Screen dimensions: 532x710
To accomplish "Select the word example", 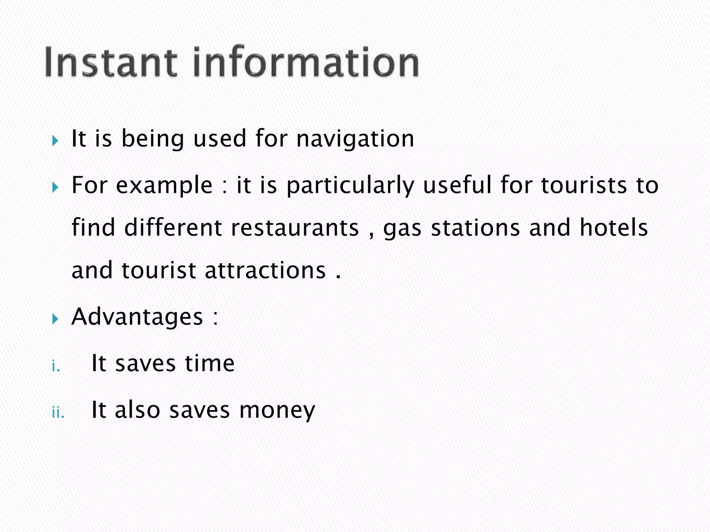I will click(x=164, y=186).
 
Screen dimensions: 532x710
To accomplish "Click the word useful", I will click(x=457, y=185).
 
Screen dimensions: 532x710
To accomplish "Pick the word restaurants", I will click(x=295, y=228).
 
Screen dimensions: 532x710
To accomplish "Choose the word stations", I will click(x=475, y=228).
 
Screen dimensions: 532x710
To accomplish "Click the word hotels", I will click(x=614, y=228).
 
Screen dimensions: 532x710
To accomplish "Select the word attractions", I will click(x=265, y=271).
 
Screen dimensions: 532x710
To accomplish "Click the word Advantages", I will click(x=137, y=317).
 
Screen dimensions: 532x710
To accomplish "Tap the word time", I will click(x=209, y=364).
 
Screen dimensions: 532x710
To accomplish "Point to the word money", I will click(x=277, y=411).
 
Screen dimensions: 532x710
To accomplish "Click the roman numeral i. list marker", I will click(x=56, y=366).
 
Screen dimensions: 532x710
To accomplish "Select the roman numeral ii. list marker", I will click(x=58, y=413).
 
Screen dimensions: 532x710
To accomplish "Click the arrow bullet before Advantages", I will click(x=55, y=319).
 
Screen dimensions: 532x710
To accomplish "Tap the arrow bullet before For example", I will click(x=55, y=188).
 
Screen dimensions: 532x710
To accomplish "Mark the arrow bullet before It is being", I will click(x=55, y=141).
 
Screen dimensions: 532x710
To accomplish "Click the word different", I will click(x=173, y=228).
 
